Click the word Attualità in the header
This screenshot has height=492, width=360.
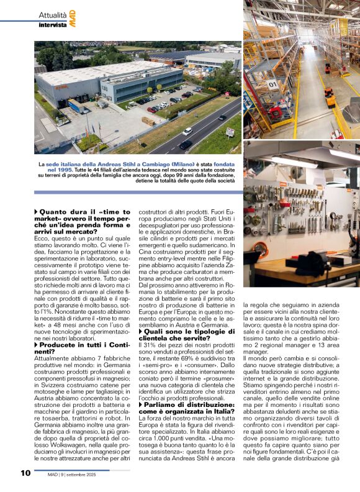point(53,14)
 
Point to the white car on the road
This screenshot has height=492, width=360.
point(187,131)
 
